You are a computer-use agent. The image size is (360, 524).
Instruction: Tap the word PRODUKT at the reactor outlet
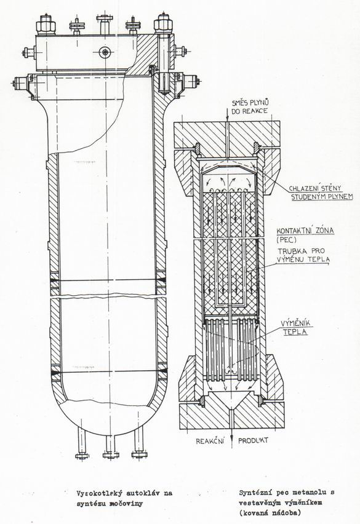click(x=253, y=440)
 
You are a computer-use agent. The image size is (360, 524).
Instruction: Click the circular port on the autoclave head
click(x=106, y=52)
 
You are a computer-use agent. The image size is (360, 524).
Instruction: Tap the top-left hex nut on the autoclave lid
click(x=46, y=24)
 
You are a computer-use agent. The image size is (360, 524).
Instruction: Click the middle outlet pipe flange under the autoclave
click(x=111, y=455)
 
